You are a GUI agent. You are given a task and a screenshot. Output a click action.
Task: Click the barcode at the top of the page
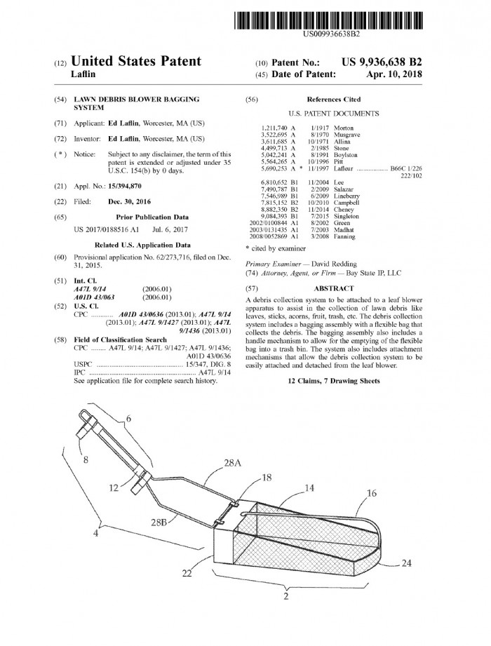pyautogui.click(x=329, y=20)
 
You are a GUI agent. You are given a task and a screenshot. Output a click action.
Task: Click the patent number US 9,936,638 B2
pyautogui.click(x=382, y=62)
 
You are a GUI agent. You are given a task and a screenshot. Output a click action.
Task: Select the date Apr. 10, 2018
pyautogui.click(x=394, y=74)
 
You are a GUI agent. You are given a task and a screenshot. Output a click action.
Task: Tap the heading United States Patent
pyautogui.click(x=136, y=61)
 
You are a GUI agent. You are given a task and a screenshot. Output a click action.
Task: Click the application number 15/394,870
pyautogui.click(x=125, y=186)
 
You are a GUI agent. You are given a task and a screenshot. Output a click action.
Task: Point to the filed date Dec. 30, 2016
pyautogui.click(x=129, y=202)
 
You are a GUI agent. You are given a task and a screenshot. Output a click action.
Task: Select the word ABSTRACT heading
pyautogui.click(x=334, y=289)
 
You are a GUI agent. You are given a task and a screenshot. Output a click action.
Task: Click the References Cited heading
pyautogui.click(x=334, y=100)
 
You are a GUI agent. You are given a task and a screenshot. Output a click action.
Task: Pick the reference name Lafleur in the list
pyautogui.click(x=343, y=168)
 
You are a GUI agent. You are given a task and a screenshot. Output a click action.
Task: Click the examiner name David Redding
pyautogui.click(x=334, y=264)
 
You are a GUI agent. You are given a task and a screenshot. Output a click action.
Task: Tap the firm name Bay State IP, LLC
pyautogui.click(x=374, y=273)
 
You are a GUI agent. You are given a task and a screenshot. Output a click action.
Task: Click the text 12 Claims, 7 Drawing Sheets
pyautogui.click(x=334, y=381)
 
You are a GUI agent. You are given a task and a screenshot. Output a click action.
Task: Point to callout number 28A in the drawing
pyautogui.click(x=233, y=463)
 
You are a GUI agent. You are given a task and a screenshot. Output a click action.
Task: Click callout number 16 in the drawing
pyautogui.click(x=372, y=493)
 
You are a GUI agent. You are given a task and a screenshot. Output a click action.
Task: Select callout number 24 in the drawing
pyautogui.click(x=406, y=563)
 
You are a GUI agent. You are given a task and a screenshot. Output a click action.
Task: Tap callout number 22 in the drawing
pyautogui.click(x=187, y=573)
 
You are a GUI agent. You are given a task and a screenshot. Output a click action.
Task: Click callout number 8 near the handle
pyautogui.click(x=86, y=460)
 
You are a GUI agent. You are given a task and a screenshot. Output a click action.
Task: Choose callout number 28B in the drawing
pyautogui.click(x=159, y=523)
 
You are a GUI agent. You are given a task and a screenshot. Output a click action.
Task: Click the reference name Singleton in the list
pyautogui.click(x=347, y=216)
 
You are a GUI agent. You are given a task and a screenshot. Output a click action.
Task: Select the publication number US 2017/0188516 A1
pyautogui.click(x=107, y=229)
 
